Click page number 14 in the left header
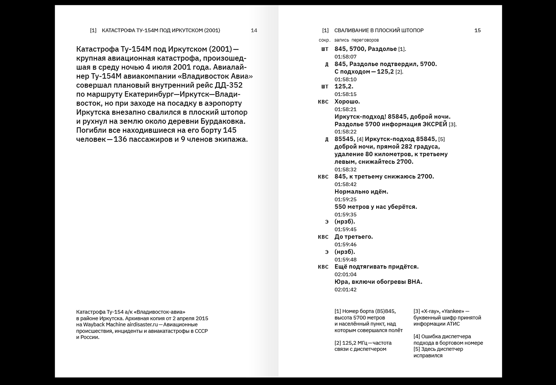pos(254,30)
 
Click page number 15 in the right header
pos(478,30)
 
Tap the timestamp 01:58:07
pos(345,57)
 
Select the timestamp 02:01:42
pos(345,289)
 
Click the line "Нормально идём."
pos(361,192)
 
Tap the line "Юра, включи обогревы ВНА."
pos(378,282)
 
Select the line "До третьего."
pos(354,237)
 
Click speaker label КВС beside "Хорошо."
pos(323,102)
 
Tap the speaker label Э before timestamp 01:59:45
pos(327,222)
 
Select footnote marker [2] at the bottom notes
pos(338,343)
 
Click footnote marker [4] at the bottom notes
pos(417,337)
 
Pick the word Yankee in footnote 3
pos(453,311)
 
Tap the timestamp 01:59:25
pos(345,199)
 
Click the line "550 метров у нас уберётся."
pos(376,207)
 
